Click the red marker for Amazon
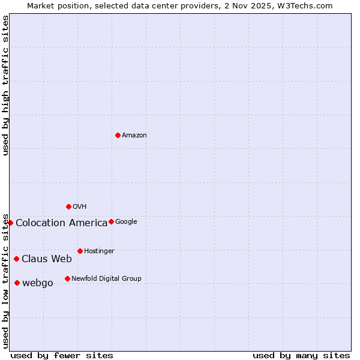[118, 135]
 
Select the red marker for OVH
[68, 206]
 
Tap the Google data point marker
[111, 221]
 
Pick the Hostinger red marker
[80, 251]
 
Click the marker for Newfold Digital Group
[67, 278]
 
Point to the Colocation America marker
[10, 223]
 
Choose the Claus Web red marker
[16, 259]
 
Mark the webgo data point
[17, 283]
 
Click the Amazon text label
[134, 136]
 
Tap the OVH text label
[80, 207]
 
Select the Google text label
[126, 222]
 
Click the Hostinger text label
[99, 251]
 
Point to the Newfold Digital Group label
[106, 279]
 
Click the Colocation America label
[61, 223]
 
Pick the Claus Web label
[47, 259]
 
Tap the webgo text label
[38, 283]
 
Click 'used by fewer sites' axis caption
[62, 356]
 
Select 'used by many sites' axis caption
[301, 356]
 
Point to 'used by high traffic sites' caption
[6, 85]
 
